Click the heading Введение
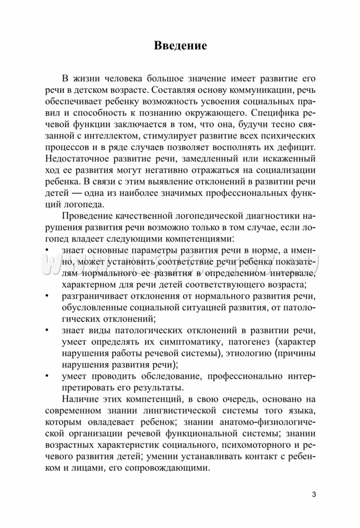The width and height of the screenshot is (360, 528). (x=180, y=46)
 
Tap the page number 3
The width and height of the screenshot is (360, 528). (x=313, y=494)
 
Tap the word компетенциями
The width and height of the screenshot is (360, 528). (x=196, y=235)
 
